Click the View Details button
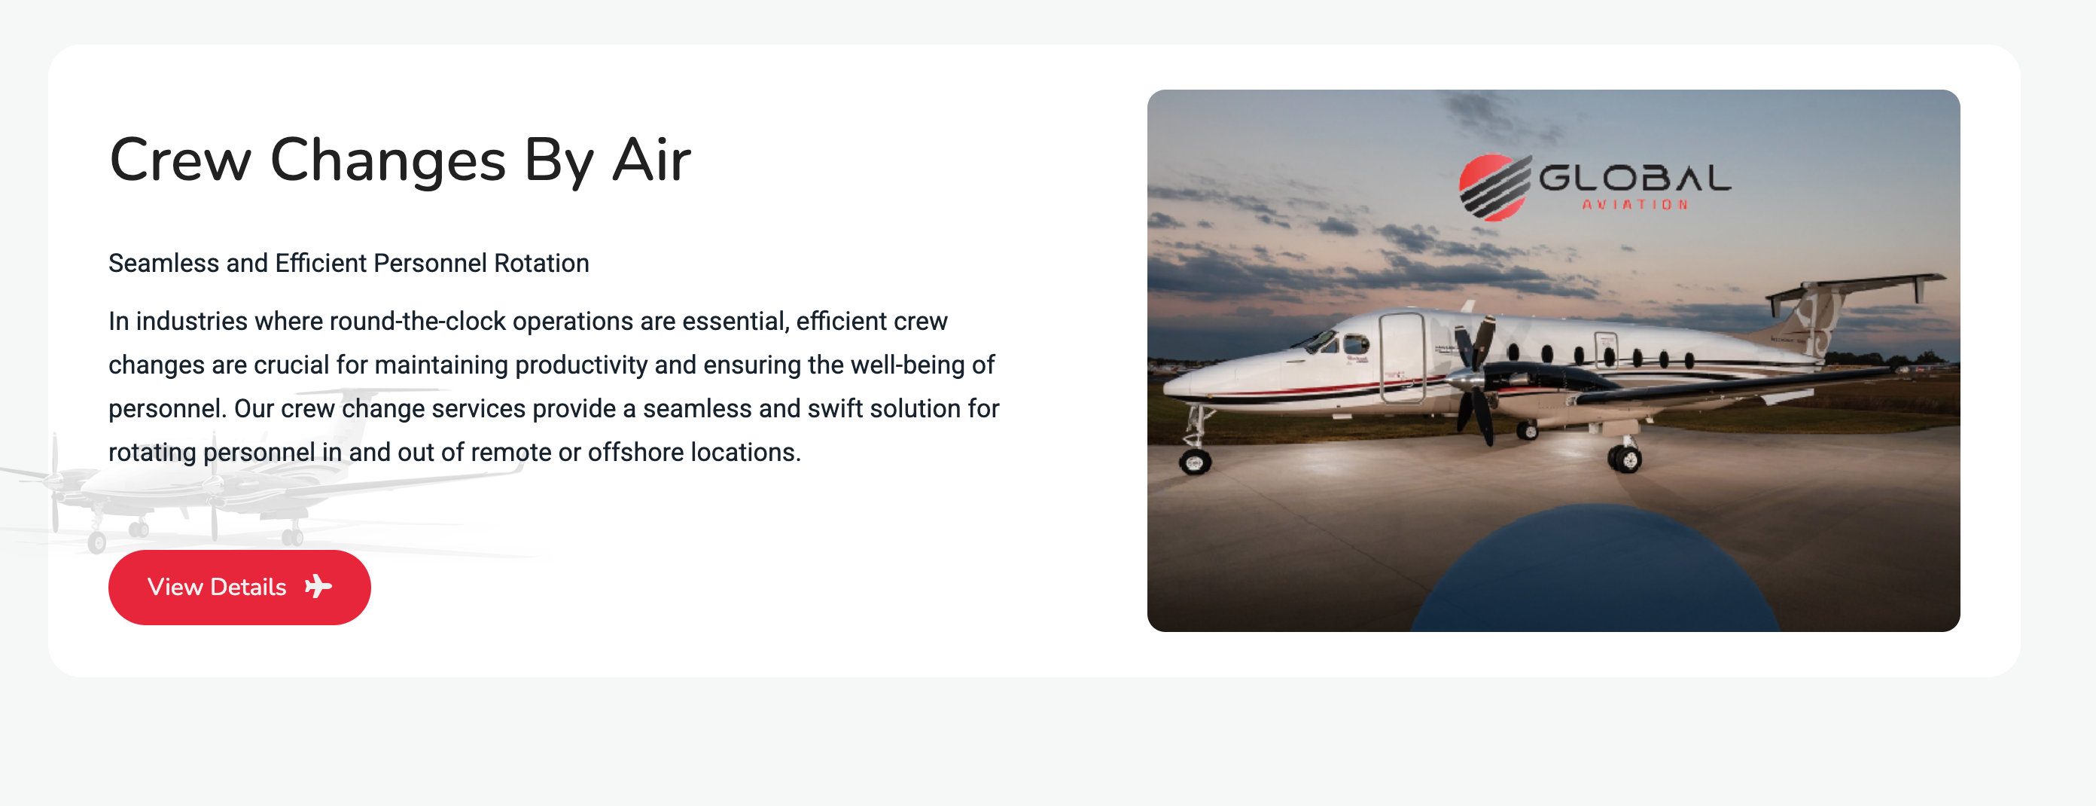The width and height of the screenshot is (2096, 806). (x=239, y=587)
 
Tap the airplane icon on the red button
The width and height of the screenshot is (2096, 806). (x=318, y=586)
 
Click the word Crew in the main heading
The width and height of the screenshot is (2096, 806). (x=181, y=160)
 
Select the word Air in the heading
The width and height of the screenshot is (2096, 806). (x=652, y=160)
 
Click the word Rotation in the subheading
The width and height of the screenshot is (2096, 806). (x=541, y=263)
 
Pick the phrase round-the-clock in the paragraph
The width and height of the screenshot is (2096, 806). (x=417, y=322)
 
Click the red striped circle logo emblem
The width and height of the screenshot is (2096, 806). (x=1494, y=188)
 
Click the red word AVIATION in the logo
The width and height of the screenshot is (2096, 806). (x=1634, y=204)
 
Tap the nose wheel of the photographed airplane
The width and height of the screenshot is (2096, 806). (x=1195, y=463)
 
